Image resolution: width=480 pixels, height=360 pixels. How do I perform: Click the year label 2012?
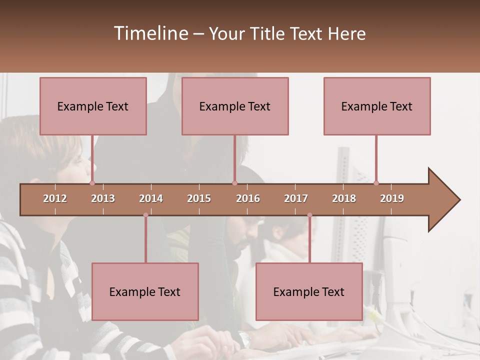coord(55,198)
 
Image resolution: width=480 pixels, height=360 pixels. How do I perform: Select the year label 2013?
coord(103,198)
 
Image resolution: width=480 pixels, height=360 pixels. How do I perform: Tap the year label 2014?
coord(151,198)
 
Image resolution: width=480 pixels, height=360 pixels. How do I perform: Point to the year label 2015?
coord(199,198)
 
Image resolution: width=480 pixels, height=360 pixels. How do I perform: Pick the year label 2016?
coord(248,198)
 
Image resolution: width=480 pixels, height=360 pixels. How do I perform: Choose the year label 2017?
coord(296,198)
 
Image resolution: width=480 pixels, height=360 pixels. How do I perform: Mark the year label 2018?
coord(344,198)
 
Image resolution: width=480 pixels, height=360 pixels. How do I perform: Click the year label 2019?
coord(392,198)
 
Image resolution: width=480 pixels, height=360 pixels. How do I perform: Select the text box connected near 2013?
coord(93,106)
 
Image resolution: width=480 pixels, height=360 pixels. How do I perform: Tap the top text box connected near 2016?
coord(235,106)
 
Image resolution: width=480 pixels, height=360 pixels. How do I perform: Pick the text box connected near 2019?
coord(377,106)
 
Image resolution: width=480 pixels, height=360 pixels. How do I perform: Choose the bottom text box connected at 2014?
coord(145,291)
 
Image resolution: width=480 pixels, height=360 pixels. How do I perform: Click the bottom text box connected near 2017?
coord(309,291)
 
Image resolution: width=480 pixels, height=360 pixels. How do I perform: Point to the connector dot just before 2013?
coord(92,183)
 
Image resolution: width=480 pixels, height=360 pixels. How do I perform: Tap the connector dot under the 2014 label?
coord(145,215)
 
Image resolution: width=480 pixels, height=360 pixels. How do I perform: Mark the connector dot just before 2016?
coord(234,183)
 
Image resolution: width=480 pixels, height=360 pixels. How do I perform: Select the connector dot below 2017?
coord(309,215)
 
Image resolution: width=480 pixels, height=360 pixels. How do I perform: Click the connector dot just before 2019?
coord(376,183)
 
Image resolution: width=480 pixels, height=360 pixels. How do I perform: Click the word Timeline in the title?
coord(150,33)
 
